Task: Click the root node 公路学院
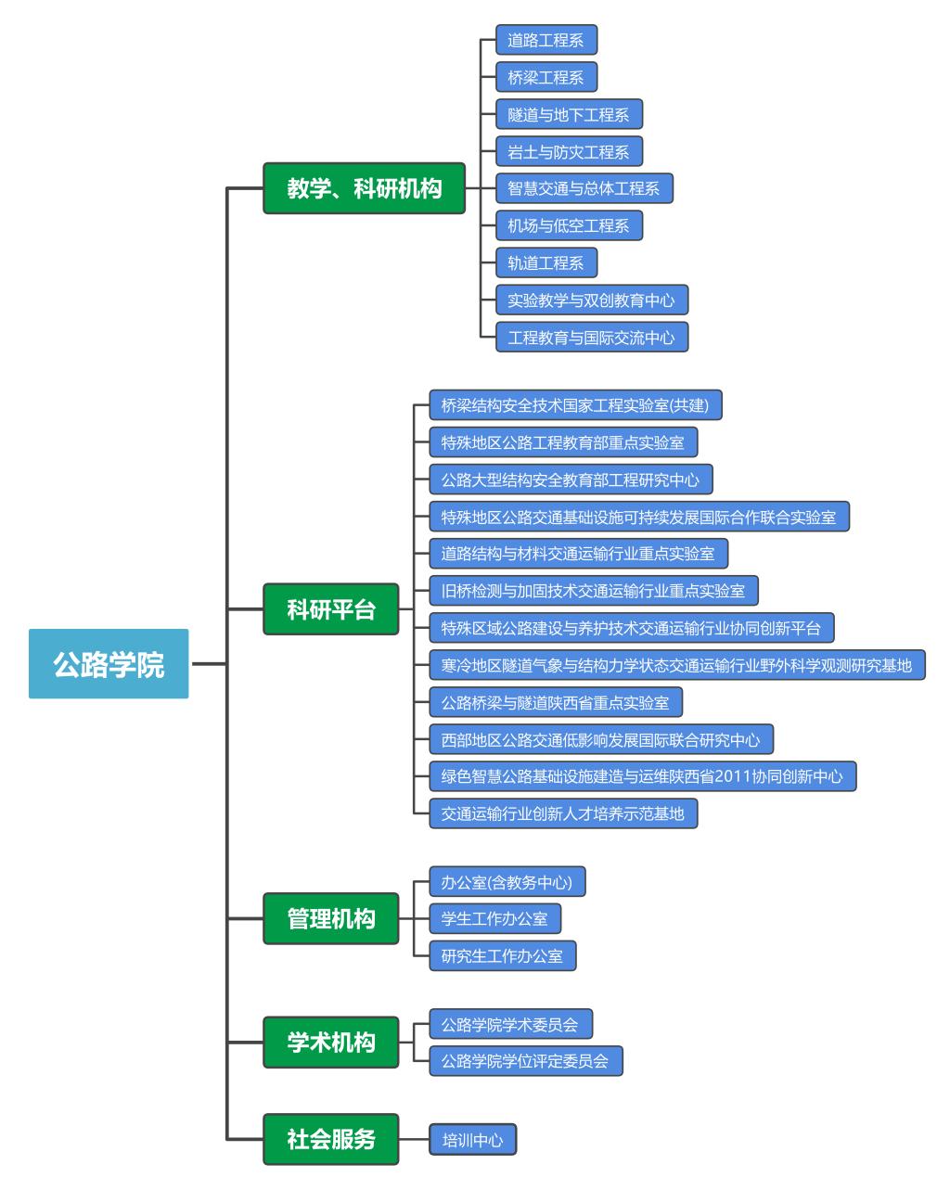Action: [x=109, y=664]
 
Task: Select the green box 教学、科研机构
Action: [x=364, y=188]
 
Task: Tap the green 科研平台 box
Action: [x=331, y=609]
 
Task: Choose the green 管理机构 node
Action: [x=331, y=918]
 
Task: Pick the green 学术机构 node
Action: [x=331, y=1042]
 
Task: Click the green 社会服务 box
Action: [x=331, y=1139]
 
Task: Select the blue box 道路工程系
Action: [x=546, y=40]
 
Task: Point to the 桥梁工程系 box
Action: [x=546, y=77]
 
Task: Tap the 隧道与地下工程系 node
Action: [x=569, y=114]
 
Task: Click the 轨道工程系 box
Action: [x=546, y=262]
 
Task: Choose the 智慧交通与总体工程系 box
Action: [x=584, y=188]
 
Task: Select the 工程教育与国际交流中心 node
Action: [x=591, y=337]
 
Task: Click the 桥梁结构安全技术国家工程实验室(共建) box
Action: [x=575, y=405]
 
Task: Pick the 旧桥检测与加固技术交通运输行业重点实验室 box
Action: [x=593, y=591]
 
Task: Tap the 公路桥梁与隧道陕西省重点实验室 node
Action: [x=555, y=702]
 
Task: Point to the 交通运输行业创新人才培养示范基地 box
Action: [x=562, y=813]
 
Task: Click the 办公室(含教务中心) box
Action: [x=507, y=882]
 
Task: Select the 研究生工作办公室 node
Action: [x=502, y=955]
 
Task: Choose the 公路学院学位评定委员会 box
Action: [x=525, y=1061]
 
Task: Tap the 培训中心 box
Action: [x=472, y=1140]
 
